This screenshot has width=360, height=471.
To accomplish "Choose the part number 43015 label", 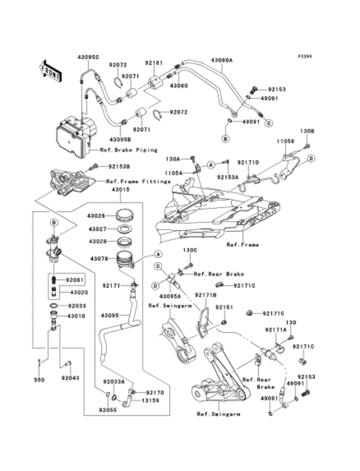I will (120, 189).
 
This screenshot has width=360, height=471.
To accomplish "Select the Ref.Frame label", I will (240, 245).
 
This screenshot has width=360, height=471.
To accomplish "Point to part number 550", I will (39, 380).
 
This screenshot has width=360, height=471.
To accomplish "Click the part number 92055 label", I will (107, 409).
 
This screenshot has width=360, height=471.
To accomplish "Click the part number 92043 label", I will (70, 378).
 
